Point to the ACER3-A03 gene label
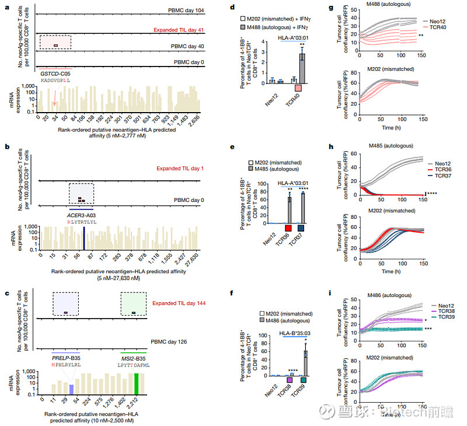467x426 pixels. (80, 215)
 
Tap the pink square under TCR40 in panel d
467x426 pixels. (298, 88)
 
